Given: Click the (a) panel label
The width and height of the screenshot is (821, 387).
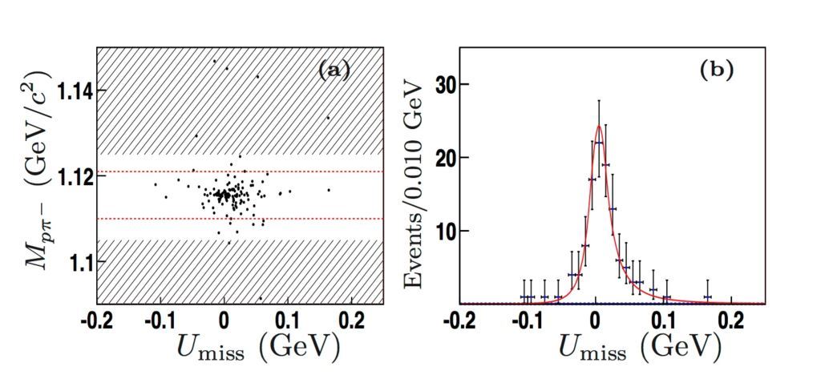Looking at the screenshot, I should (x=334, y=71).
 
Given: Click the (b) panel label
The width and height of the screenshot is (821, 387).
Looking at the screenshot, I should (x=716, y=71).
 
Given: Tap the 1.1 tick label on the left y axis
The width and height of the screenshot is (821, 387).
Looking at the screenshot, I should (x=76, y=262).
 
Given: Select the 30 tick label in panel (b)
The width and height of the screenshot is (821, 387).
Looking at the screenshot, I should (x=453, y=85).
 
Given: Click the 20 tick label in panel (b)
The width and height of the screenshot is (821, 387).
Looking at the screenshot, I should (x=453, y=158).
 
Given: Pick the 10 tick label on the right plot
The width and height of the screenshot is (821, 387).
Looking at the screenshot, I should (x=453, y=232).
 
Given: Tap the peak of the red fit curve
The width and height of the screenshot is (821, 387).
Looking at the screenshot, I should (x=599, y=126).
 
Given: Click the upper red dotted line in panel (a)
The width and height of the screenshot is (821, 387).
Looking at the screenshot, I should (x=241, y=171).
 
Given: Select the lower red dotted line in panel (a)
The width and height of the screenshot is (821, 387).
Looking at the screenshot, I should (x=241, y=219).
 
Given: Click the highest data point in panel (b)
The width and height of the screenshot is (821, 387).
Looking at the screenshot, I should (x=599, y=143).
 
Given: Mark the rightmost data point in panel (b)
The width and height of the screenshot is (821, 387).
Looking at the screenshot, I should (x=708, y=297).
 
